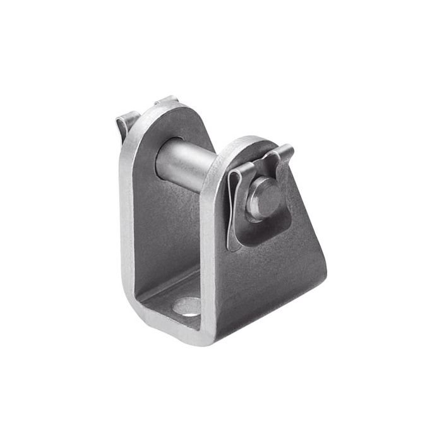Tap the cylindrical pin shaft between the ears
[187, 165]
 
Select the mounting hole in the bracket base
[188, 308]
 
